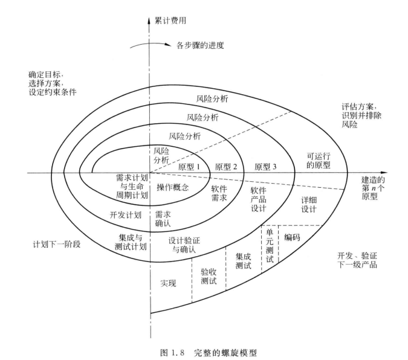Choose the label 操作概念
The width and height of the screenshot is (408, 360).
pos(173,188)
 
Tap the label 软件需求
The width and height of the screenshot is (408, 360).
pos(219,194)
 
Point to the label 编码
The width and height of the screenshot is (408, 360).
pos(292,237)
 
